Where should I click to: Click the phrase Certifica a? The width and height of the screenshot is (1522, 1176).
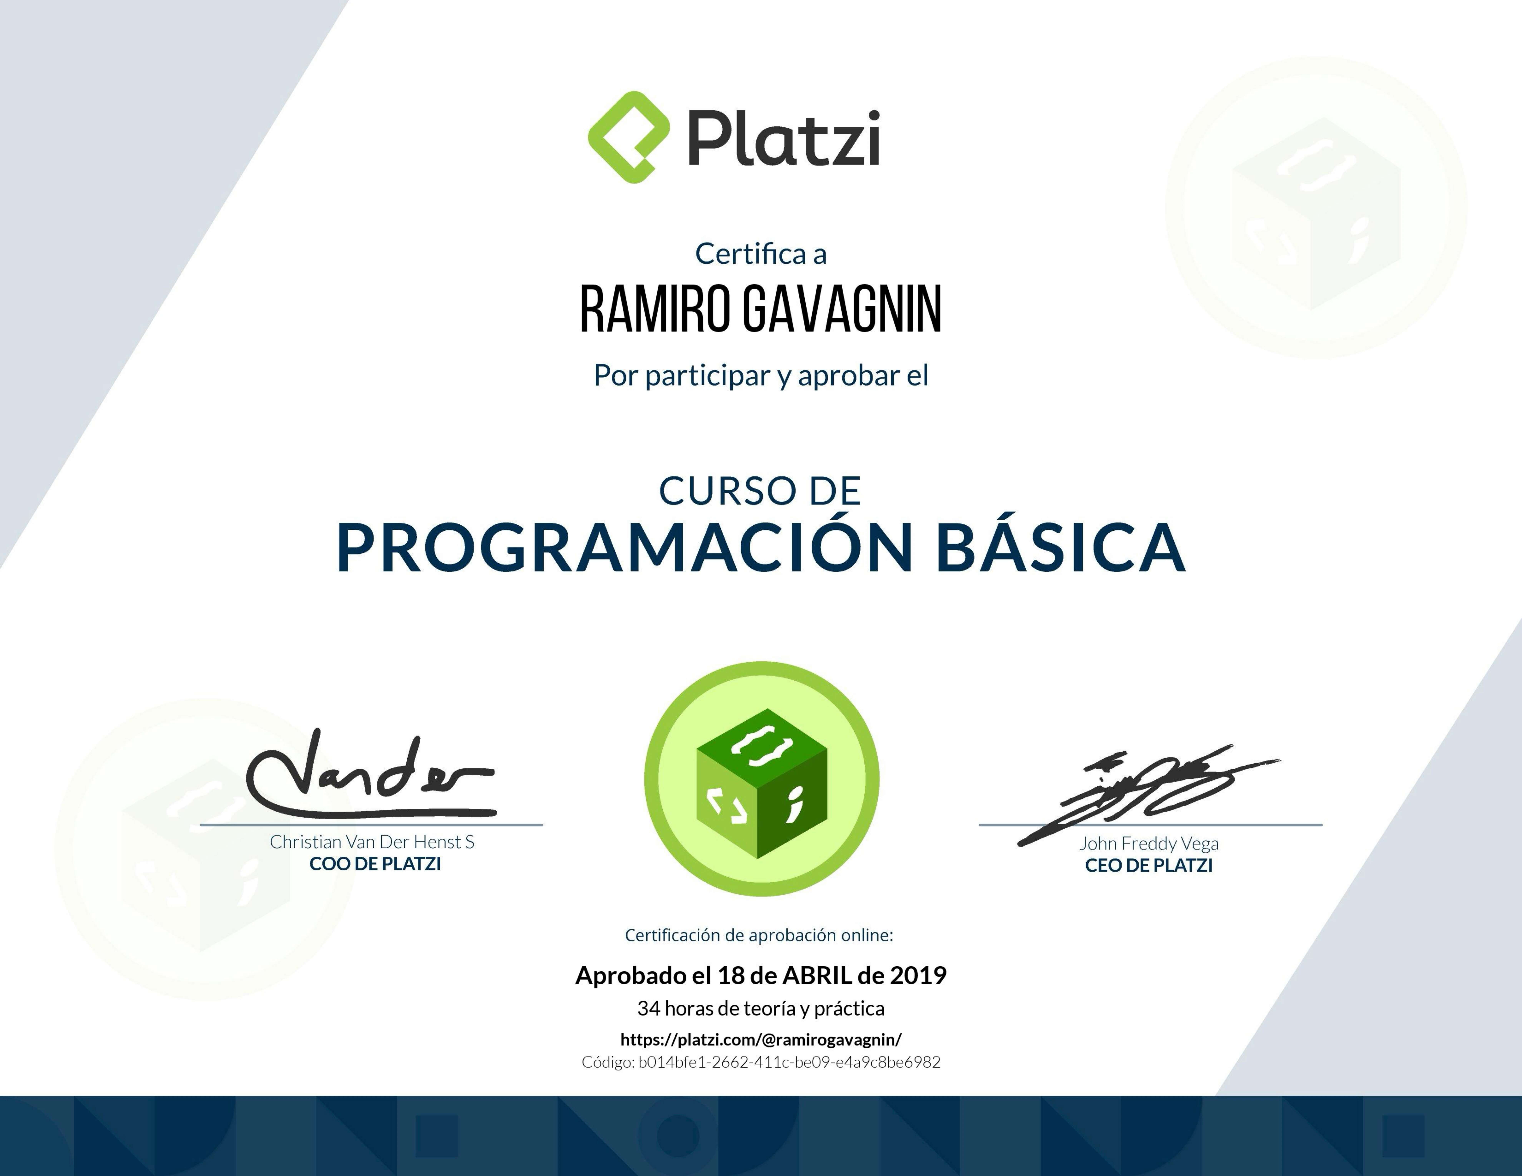click(x=760, y=254)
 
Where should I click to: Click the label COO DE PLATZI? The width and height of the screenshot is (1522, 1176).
click(x=375, y=864)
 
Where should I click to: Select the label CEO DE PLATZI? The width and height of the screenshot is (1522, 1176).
click(x=1148, y=865)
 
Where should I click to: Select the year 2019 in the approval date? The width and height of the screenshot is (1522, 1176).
click(x=918, y=975)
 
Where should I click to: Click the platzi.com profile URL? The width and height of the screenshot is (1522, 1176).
click(x=760, y=1039)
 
